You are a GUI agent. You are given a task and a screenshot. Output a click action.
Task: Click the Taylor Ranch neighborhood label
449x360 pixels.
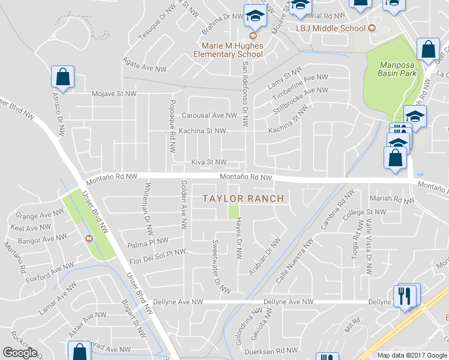coord(243,198)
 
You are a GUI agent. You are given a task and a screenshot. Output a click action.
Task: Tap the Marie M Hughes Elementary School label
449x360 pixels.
coord(229,49)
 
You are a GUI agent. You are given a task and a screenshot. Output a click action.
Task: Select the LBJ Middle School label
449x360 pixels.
coord(330,28)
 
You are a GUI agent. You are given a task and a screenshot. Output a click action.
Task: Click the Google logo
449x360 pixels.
coord(20,353)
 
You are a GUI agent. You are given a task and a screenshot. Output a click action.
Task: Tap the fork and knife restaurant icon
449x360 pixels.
coord(406,295)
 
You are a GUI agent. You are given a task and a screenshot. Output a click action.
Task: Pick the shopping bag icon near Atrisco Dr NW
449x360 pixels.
coord(62,77)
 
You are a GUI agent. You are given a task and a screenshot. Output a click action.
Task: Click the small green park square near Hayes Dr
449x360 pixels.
coord(234,212)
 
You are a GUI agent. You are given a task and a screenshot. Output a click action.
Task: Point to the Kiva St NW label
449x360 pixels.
coord(209,162)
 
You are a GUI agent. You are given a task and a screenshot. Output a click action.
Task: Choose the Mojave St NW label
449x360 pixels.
coord(115,94)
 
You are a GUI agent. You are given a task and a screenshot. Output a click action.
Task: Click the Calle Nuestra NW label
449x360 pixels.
coord(294,262)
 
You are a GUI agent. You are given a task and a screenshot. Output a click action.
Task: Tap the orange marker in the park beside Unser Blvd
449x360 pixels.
coord(89,238)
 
